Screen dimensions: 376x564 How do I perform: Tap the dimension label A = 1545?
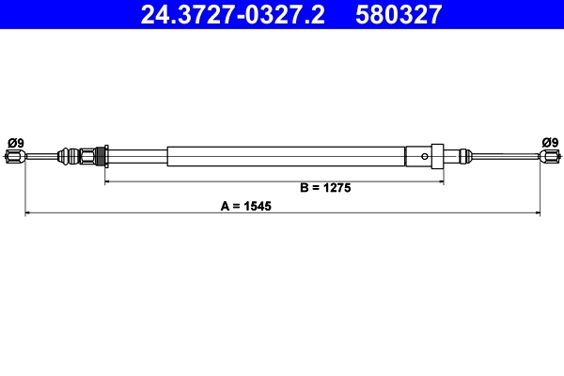tap(245, 205)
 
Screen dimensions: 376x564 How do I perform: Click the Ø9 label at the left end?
tap(16, 142)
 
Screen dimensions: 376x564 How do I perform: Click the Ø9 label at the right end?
tap(550, 142)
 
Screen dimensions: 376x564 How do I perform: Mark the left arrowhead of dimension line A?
tap(28, 213)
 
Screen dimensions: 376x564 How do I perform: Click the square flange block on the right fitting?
tap(436, 156)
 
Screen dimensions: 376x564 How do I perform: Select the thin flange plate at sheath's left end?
tap(104, 156)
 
